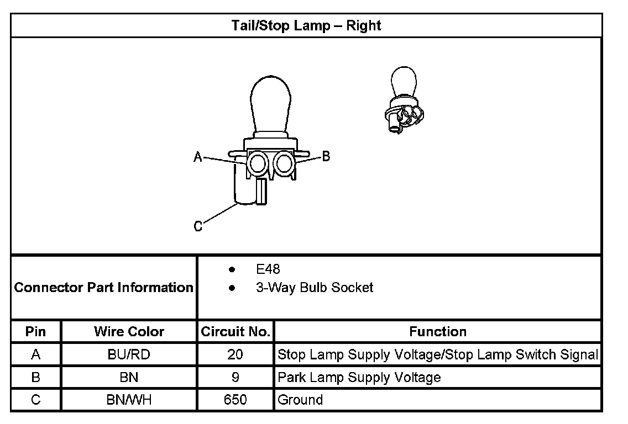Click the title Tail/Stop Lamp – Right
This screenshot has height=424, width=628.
[x=306, y=25]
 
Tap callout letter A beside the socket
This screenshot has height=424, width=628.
[x=198, y=157]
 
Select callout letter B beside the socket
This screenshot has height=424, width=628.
[x=326, y=156]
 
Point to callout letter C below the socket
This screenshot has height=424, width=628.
[x=198, y=226]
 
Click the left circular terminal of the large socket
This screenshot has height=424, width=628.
[x=257, y=163]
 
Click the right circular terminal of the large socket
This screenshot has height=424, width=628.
[x=285, y=163]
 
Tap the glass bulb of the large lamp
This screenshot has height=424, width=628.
[x=270, y=105]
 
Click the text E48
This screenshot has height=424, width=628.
[x=268, y=269]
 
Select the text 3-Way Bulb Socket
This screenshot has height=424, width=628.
[x=315, y=288]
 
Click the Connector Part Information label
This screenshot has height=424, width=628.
[x=104, y=288]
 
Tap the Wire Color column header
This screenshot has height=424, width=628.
[x=129, y=332]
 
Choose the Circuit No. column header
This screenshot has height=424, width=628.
[x=235, y=332]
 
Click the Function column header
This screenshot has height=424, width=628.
[x=438, y=332]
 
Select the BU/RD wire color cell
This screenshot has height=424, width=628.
[x=129, y=354]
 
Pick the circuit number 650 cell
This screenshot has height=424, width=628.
[x=235, y=400]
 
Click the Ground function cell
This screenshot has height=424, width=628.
[x=300, y=400]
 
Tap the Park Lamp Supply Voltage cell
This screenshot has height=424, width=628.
[x=359, y=378]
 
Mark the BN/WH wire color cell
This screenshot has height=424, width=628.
[x=129, y=400]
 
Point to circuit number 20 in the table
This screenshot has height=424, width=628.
[x=235, y=354]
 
